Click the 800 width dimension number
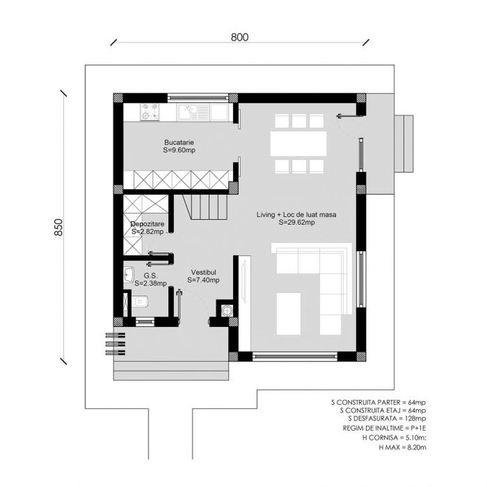point(239,37)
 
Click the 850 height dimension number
point(58,227)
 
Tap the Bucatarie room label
point(179,142)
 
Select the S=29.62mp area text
point(296,222)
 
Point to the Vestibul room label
point(203,272)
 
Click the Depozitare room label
point(147,224)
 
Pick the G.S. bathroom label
point(150,276)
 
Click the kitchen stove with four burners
point(150,112)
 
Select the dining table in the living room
point(298,144)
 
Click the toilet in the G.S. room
point(140,301)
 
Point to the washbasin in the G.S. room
point(129,275)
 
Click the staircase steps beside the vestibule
point(205,207)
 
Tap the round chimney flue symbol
point(227,310)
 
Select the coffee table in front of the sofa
point(289,314)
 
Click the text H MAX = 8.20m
point(402,447)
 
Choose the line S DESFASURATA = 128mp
point(387,418)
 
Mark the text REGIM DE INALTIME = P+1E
point(384,428)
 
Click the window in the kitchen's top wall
point(198,98)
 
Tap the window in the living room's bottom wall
point(295,356)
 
